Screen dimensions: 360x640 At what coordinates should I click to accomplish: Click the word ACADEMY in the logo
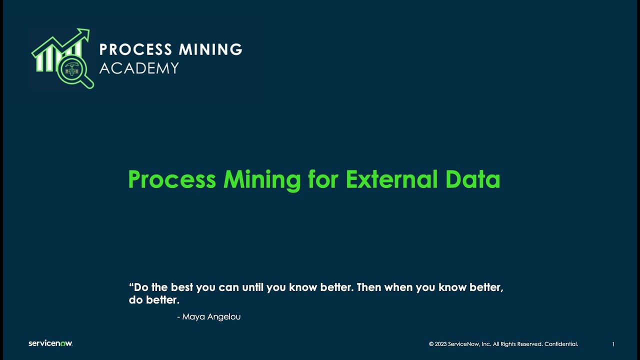click(139, 68)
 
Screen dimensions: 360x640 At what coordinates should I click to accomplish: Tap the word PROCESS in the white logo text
click(128, 49)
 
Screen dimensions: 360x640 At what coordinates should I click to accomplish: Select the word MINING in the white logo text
click(210, 49)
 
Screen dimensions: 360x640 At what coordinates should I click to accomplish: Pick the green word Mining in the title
click(262, 179)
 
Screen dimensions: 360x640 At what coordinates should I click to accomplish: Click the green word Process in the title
click(171, 179)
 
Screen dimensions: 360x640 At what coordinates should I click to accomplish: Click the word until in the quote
click(252, 287)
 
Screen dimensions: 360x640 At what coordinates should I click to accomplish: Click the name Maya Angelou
click(211, 317)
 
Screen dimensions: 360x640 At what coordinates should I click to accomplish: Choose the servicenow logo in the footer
click(50, 343)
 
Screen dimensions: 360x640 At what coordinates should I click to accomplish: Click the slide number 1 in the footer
click(613, 344)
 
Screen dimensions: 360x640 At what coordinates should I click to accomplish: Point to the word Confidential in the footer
click(561, 344)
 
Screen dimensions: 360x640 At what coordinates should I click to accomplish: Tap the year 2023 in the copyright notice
click(441, 344)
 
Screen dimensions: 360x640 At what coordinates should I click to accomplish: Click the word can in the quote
click(228, 287)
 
